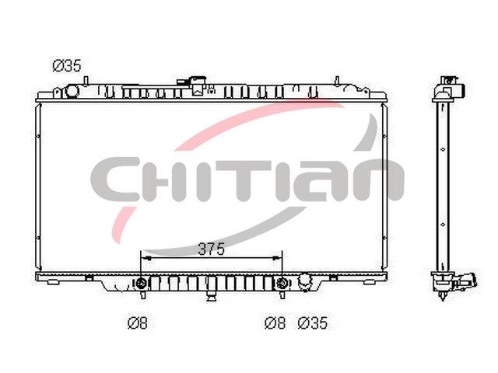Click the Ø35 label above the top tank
click(x=67, y=65)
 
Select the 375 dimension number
click(x=211, y=249)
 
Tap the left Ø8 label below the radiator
click(x=138, y=323)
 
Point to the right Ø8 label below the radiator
click(x=275, y=323)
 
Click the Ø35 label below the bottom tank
click(x=313, y=323)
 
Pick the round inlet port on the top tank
click(x=72, y=92)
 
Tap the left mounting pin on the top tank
click(x=86, y=81)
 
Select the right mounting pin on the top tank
click(x=337, y=81)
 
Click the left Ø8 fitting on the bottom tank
click(x=141, y=283)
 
